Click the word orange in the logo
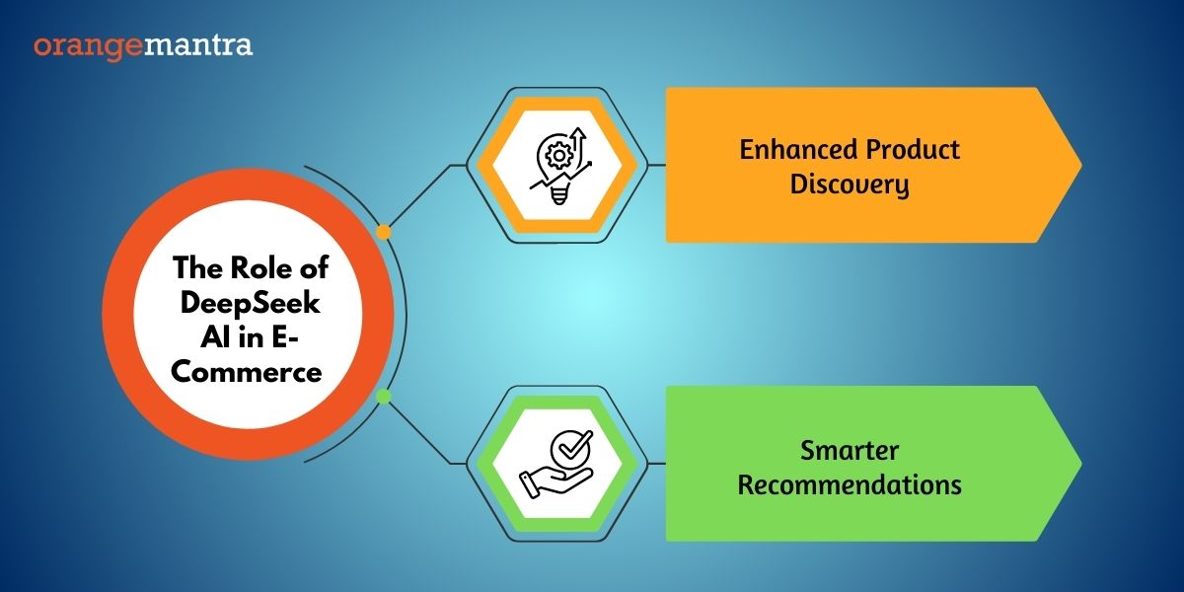pos(88,47)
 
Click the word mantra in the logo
pos(198,45)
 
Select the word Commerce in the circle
pos(247,372)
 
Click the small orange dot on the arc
pos(383,232)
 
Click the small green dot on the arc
pos(383,397)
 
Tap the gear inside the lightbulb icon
pos(558,156)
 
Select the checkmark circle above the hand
pos(571,448)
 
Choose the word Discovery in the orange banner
pos(850,185)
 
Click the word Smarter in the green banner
pos(850,451)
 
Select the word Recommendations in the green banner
pos(850,485)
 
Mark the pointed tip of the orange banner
pos(1081,166)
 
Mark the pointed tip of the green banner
pos(1081,464)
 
